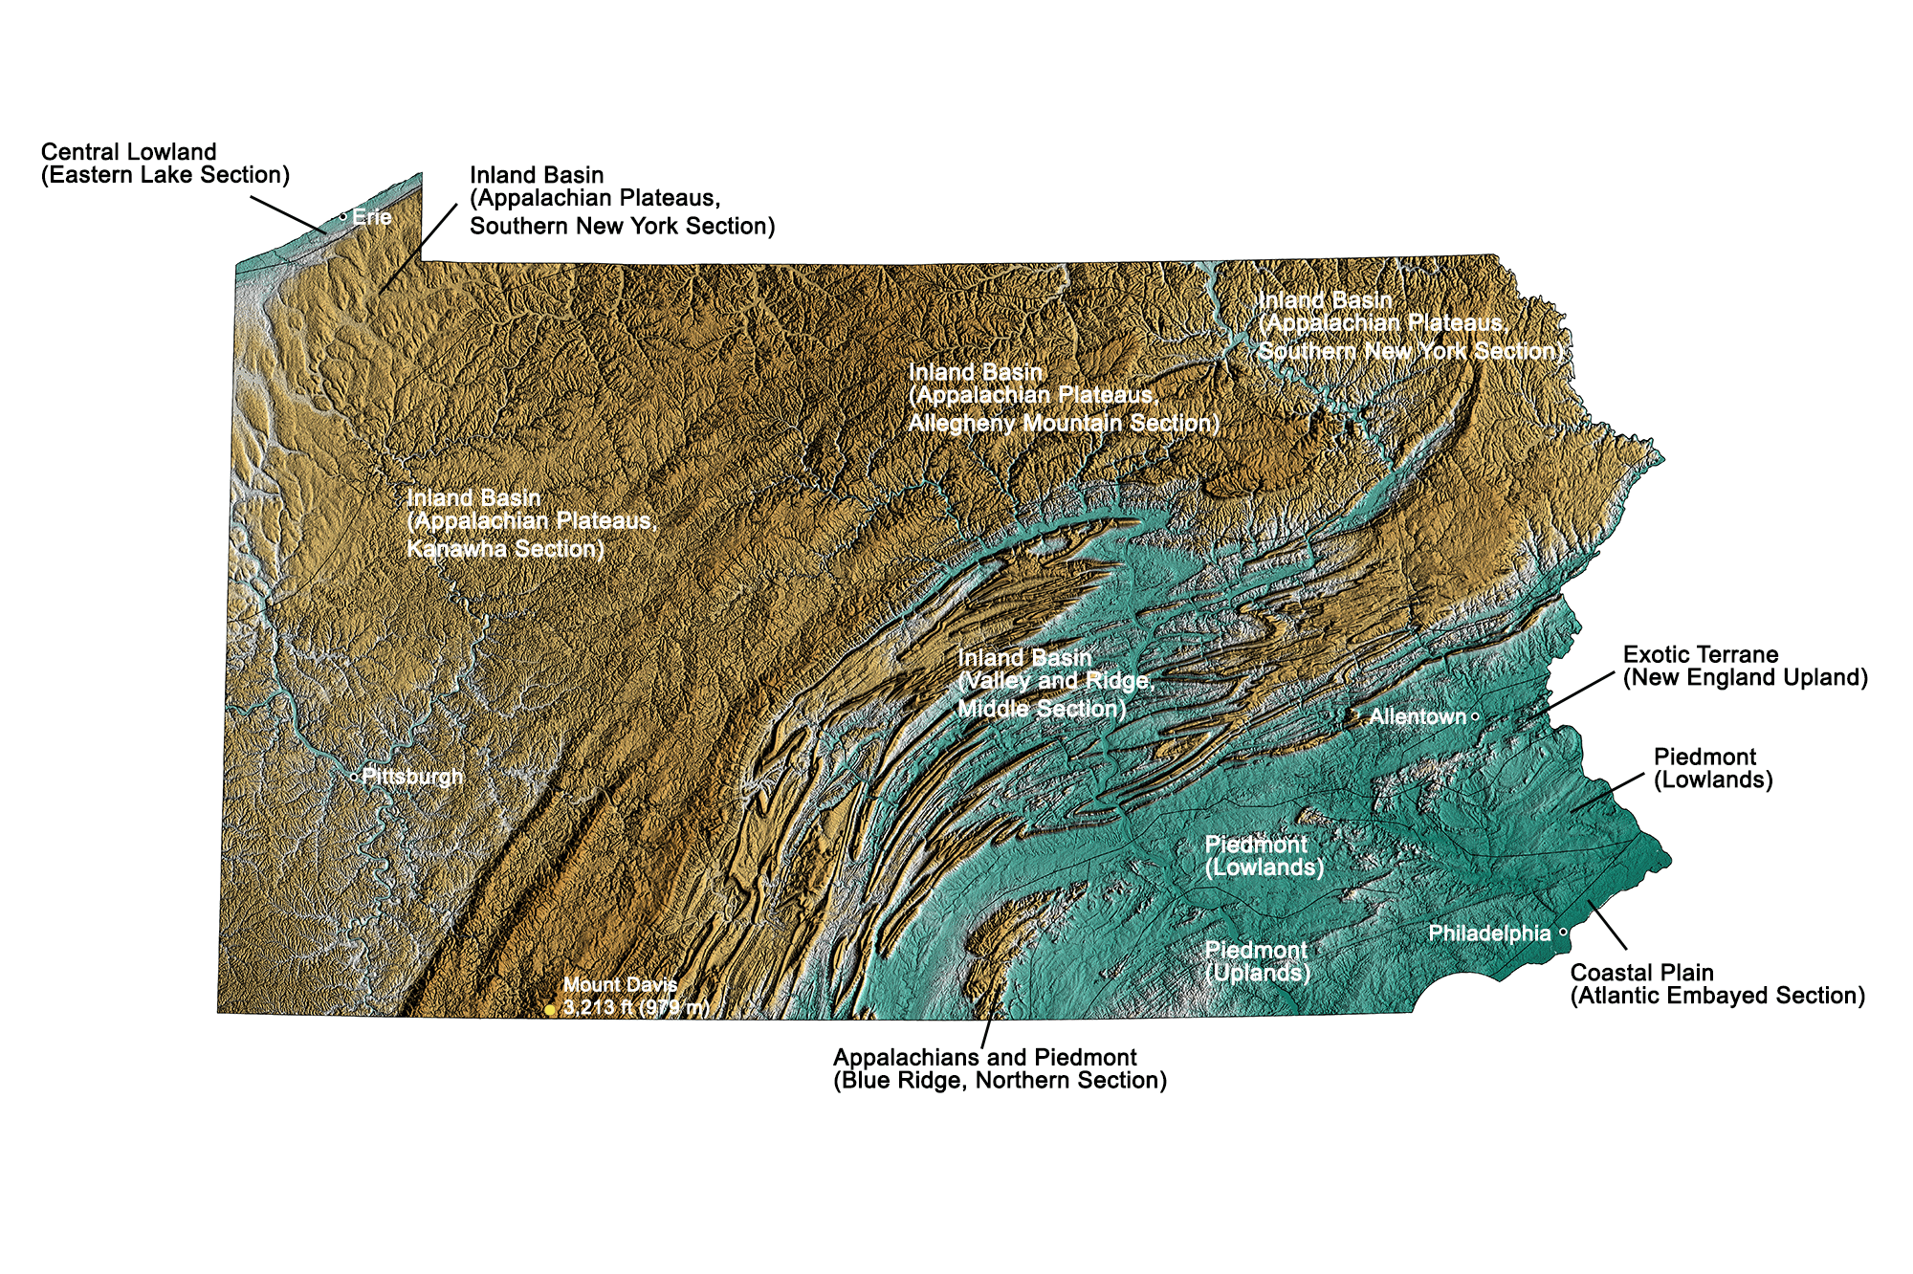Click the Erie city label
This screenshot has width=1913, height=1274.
[371, 217]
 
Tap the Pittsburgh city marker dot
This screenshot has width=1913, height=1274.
[354, 777]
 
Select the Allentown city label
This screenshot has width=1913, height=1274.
[1418, 716]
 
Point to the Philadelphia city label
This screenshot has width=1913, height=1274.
[1489, 934]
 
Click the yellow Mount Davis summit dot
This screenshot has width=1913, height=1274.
[550, 1010]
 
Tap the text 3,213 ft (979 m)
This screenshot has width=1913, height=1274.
[636, 1007]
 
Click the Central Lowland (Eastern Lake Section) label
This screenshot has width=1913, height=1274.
[165, 164]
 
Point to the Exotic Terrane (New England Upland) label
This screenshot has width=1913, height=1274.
[1745, 667]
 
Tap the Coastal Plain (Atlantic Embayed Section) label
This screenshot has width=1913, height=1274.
[1717, 984]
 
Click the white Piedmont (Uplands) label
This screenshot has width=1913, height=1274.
[1257, 961]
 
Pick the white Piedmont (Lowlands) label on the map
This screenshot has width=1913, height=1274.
[1264, 856]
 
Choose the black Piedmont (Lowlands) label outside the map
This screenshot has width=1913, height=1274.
[1713, 768]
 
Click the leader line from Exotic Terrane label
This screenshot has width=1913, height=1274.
[1578, 692]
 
